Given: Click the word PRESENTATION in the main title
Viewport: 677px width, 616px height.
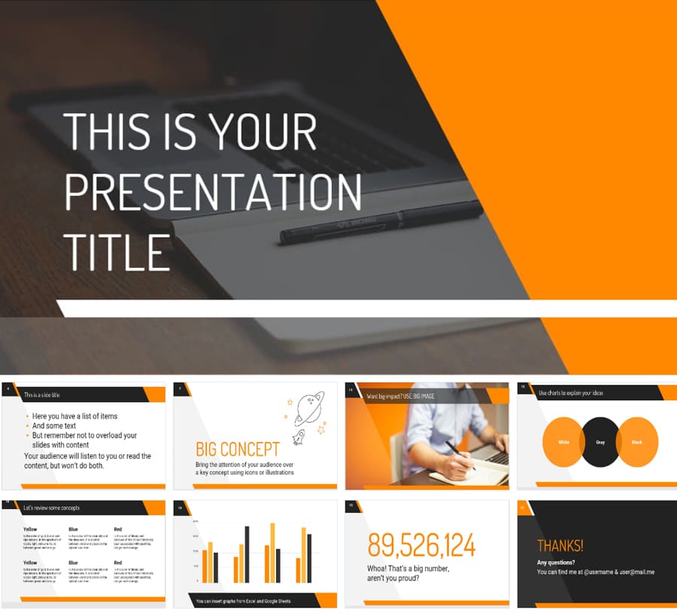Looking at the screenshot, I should (x=213, y=192).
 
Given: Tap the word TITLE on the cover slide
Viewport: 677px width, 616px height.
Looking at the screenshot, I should (x=117, y=251).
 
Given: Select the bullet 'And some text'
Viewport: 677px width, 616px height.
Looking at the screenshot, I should (x=54, y=426).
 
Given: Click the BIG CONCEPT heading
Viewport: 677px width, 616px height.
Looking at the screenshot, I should (x=238, y=450).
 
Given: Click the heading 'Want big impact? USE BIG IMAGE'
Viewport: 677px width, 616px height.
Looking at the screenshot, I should (x=400, y=395).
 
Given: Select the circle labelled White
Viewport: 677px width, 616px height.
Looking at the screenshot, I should (x=564, y=442).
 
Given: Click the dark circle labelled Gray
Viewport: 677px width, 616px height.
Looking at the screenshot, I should (x=600, y=442).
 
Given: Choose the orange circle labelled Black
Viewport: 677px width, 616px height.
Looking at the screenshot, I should (x=636, y=442).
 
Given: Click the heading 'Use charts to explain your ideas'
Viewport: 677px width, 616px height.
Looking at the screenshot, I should (x=571, y=393).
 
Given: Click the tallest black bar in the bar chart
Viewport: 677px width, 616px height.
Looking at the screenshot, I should (x=247, y=554).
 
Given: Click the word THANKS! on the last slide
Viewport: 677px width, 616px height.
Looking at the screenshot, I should (x=560, y=546).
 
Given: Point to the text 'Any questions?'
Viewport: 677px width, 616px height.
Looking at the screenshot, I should (x=556, y=563).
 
